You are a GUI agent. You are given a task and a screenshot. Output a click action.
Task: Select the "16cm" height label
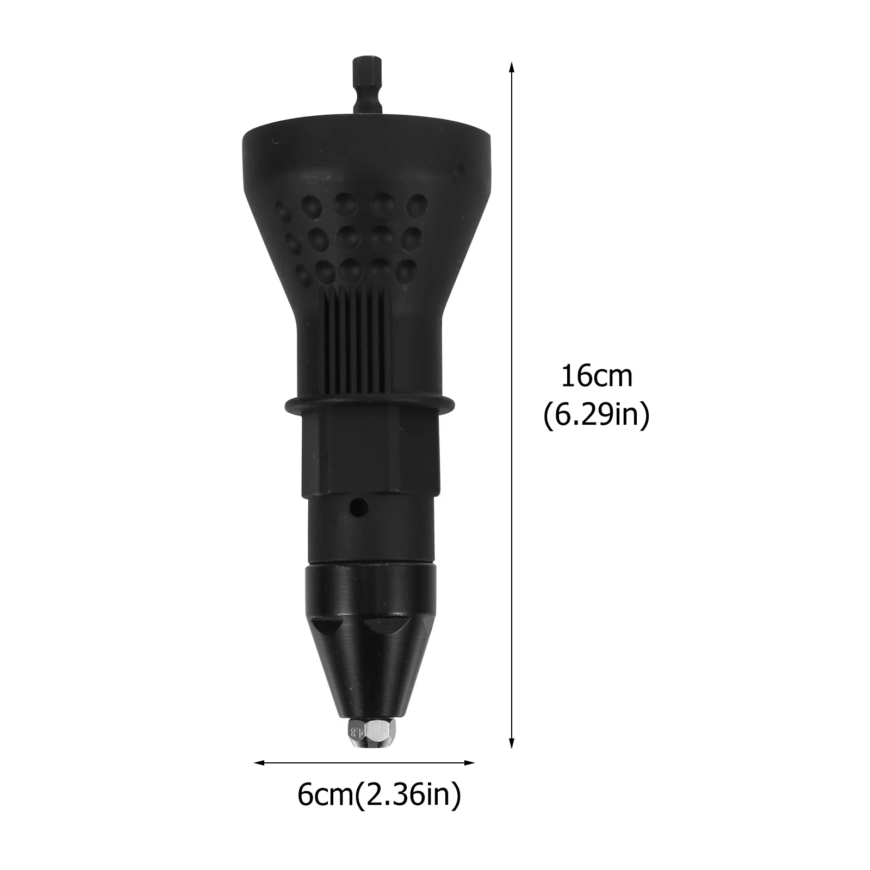pyautogui.click(x=596, y=377)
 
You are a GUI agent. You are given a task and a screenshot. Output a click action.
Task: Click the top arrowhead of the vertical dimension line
pyautogui.click(x=511, y=67)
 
